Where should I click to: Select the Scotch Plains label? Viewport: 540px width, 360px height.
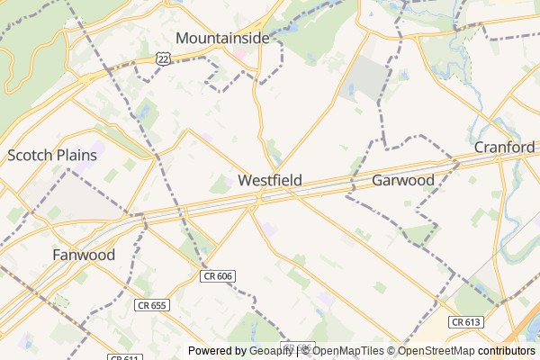(51, 155)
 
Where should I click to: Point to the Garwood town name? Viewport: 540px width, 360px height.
(403, 180)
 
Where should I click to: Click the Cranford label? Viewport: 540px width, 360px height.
(505, 147)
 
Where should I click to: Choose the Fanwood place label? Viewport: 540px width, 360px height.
(83, 255)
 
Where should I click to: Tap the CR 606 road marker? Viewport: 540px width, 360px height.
(217, 276)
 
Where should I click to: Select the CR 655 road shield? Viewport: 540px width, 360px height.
(151, 306)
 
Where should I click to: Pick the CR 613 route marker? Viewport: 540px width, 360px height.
(466, 321)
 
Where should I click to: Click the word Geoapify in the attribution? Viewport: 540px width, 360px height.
(271, 351)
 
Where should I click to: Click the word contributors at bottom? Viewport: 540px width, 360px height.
(507, 351)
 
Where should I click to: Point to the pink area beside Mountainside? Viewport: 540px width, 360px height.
(240, 54)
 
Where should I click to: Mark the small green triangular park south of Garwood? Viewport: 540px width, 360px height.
(418, 236)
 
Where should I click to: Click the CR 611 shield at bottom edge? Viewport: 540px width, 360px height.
(125, 357)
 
